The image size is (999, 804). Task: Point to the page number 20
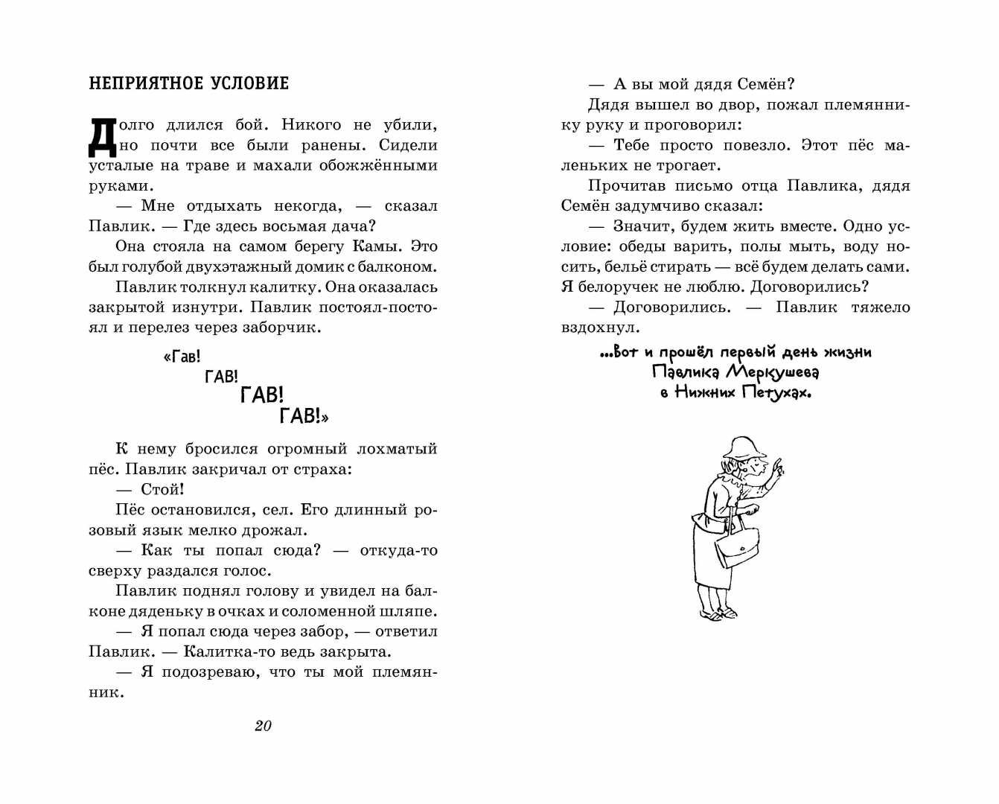(263, 726)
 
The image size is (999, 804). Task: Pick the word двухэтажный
(240, 267)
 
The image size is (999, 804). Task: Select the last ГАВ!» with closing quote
(304, 416)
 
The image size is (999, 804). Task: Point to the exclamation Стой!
(162, 489)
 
